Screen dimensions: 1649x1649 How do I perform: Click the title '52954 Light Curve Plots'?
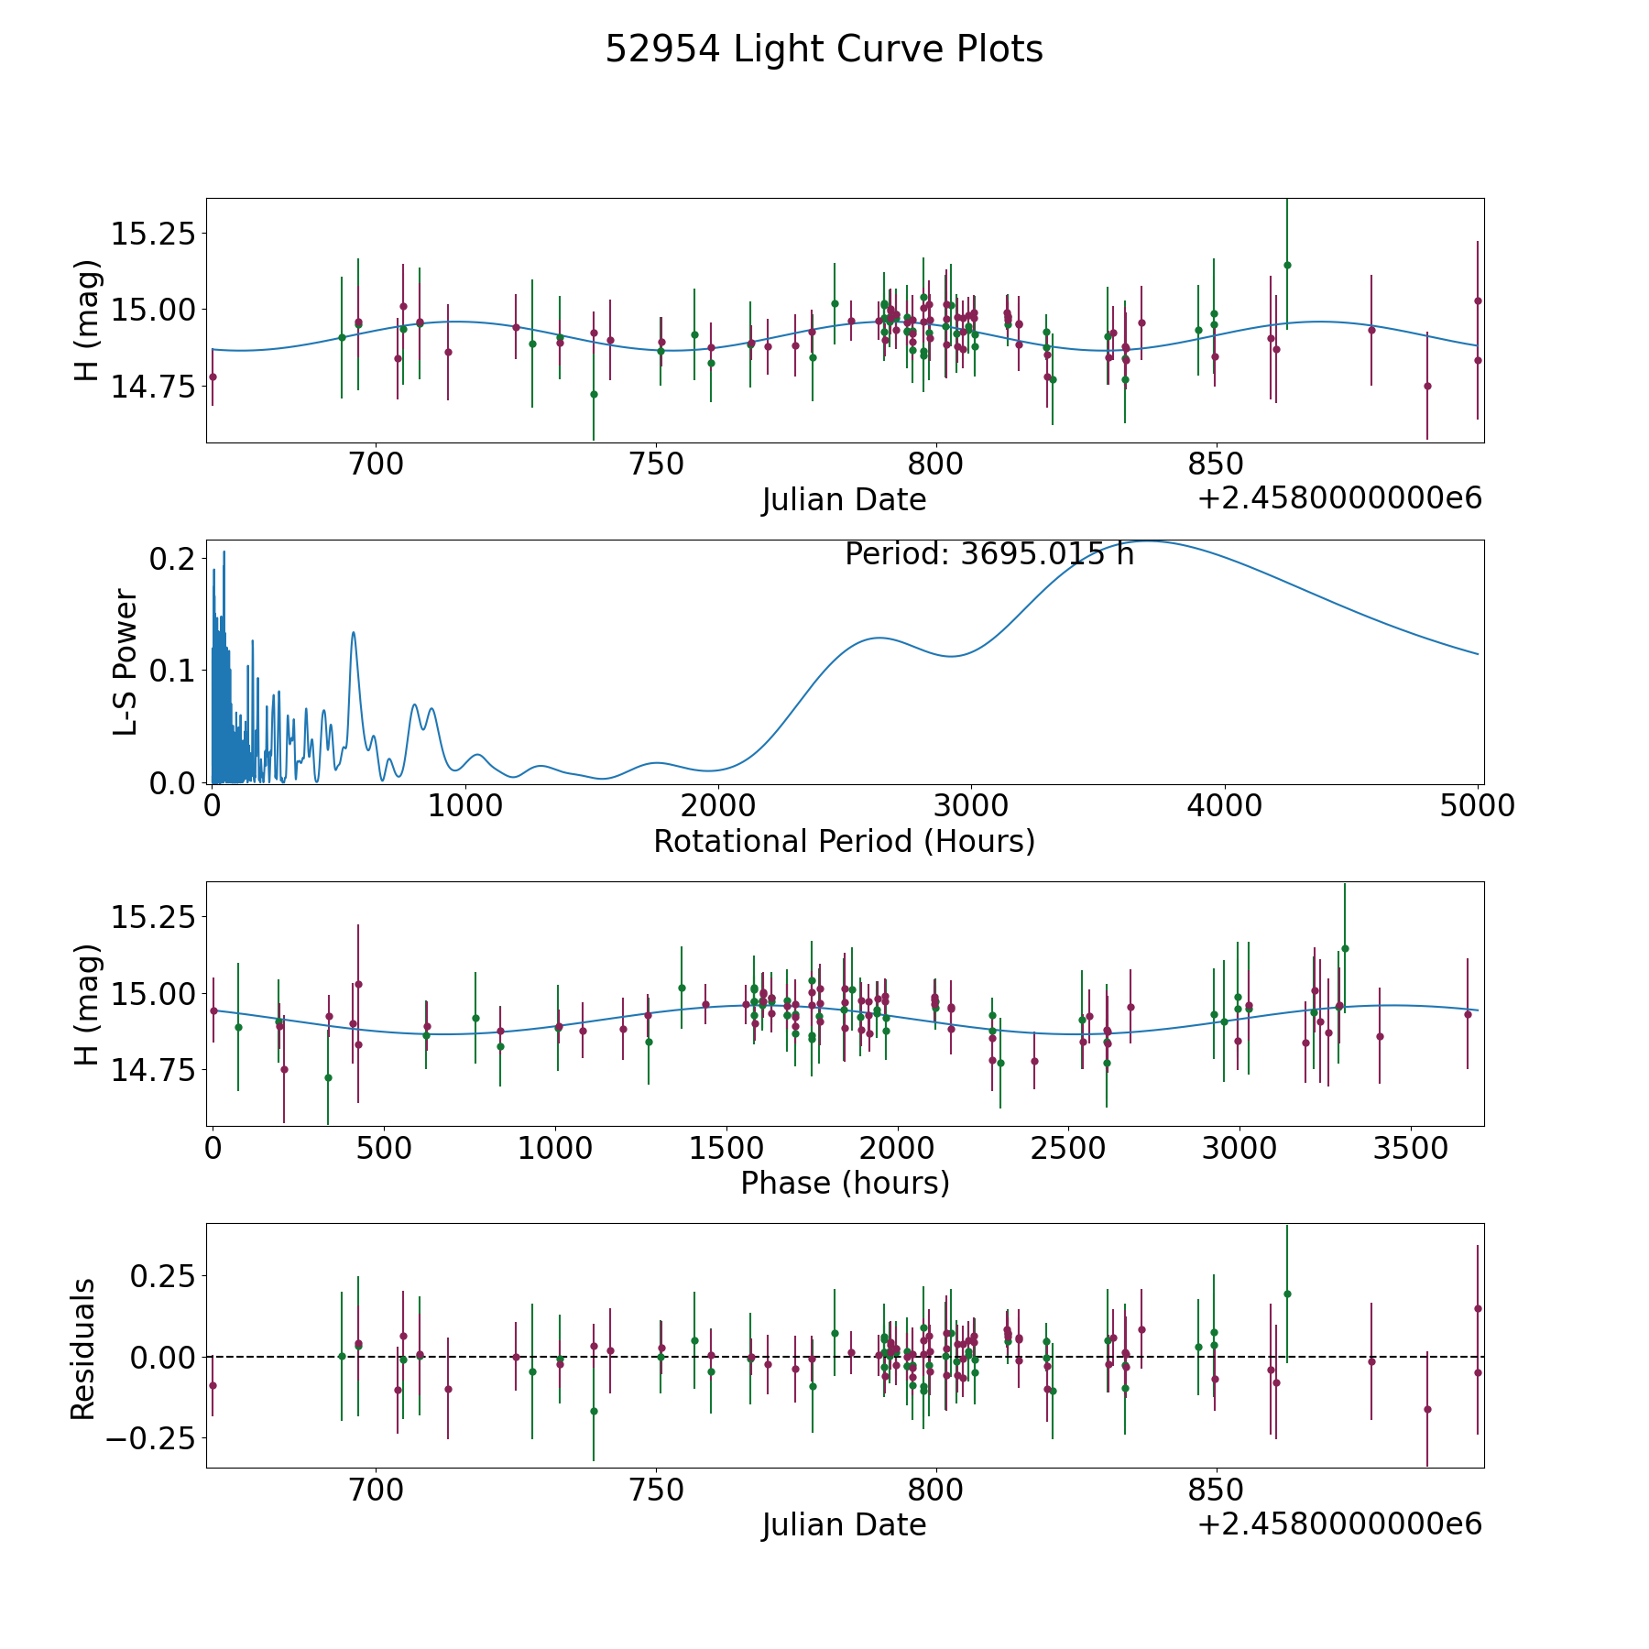[824, 49]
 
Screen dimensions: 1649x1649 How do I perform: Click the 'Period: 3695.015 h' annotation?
[989, 554]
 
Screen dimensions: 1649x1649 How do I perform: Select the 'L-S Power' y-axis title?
[126, 661]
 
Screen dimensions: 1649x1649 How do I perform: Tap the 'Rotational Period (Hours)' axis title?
[844, 841]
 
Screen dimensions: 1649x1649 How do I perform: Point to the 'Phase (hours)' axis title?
[845, 1183]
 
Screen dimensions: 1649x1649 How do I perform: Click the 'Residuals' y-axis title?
[83, 1349]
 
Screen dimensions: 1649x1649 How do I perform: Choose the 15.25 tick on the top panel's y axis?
[153, 234]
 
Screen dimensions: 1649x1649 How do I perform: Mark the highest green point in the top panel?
[1287, 265]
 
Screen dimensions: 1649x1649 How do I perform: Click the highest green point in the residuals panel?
[1287, 1294]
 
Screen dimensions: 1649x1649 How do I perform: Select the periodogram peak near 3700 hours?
[1148, 541]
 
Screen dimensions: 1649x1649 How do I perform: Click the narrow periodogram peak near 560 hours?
[354, 632]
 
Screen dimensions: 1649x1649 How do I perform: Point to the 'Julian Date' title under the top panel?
[844, 500]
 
